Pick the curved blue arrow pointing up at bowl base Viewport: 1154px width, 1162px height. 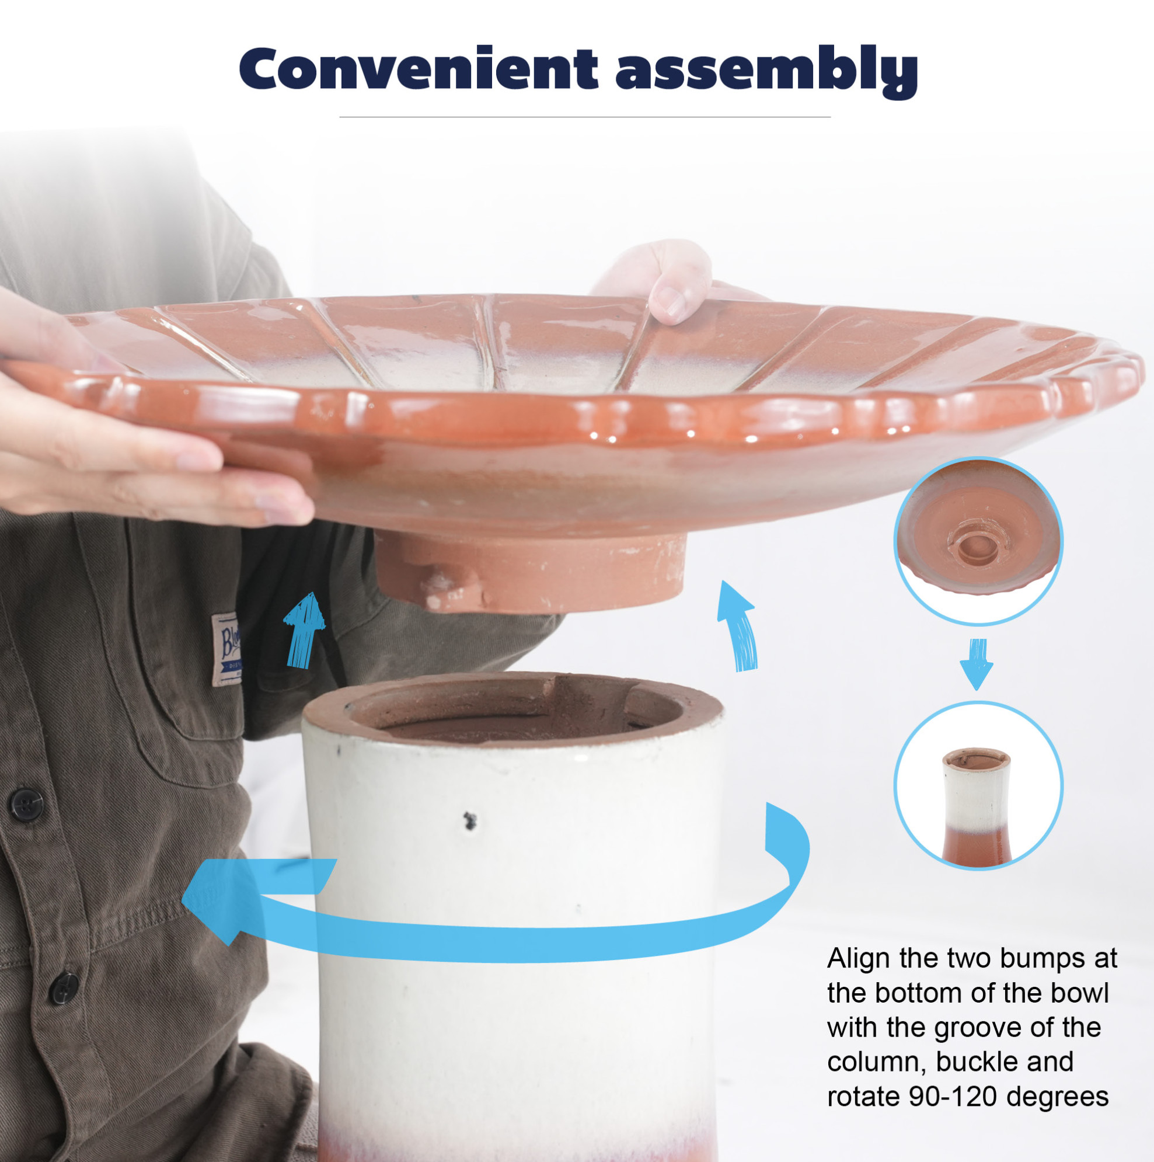(x=738, y=627)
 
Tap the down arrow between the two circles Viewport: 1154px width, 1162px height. (x=977, y=663)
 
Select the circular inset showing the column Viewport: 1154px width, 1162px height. (x=978, y=785)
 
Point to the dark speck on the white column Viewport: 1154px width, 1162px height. (x=470, y=821)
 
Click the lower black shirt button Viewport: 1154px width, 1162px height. (x=63, y=989)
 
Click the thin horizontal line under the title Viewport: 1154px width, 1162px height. (x=584, y=117)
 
